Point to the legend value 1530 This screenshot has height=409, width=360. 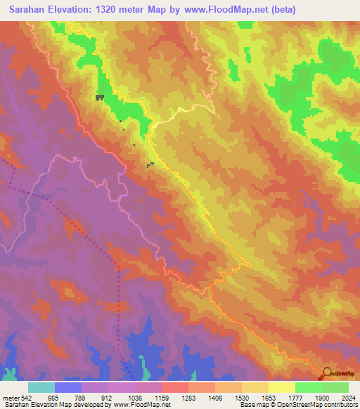click(x=242, y=398)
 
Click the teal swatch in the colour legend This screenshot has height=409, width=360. click(x=41, y=387)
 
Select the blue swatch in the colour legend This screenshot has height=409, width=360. click(x=68, y=387)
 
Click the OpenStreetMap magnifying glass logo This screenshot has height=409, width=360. click(x=328, y=372)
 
